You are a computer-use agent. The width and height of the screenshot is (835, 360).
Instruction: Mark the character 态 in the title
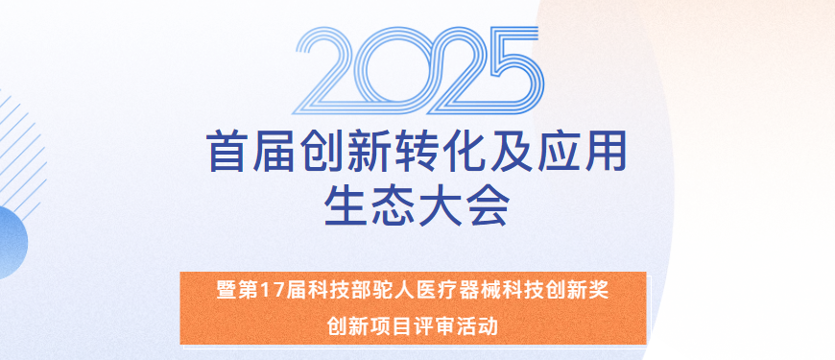coord(394,204)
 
